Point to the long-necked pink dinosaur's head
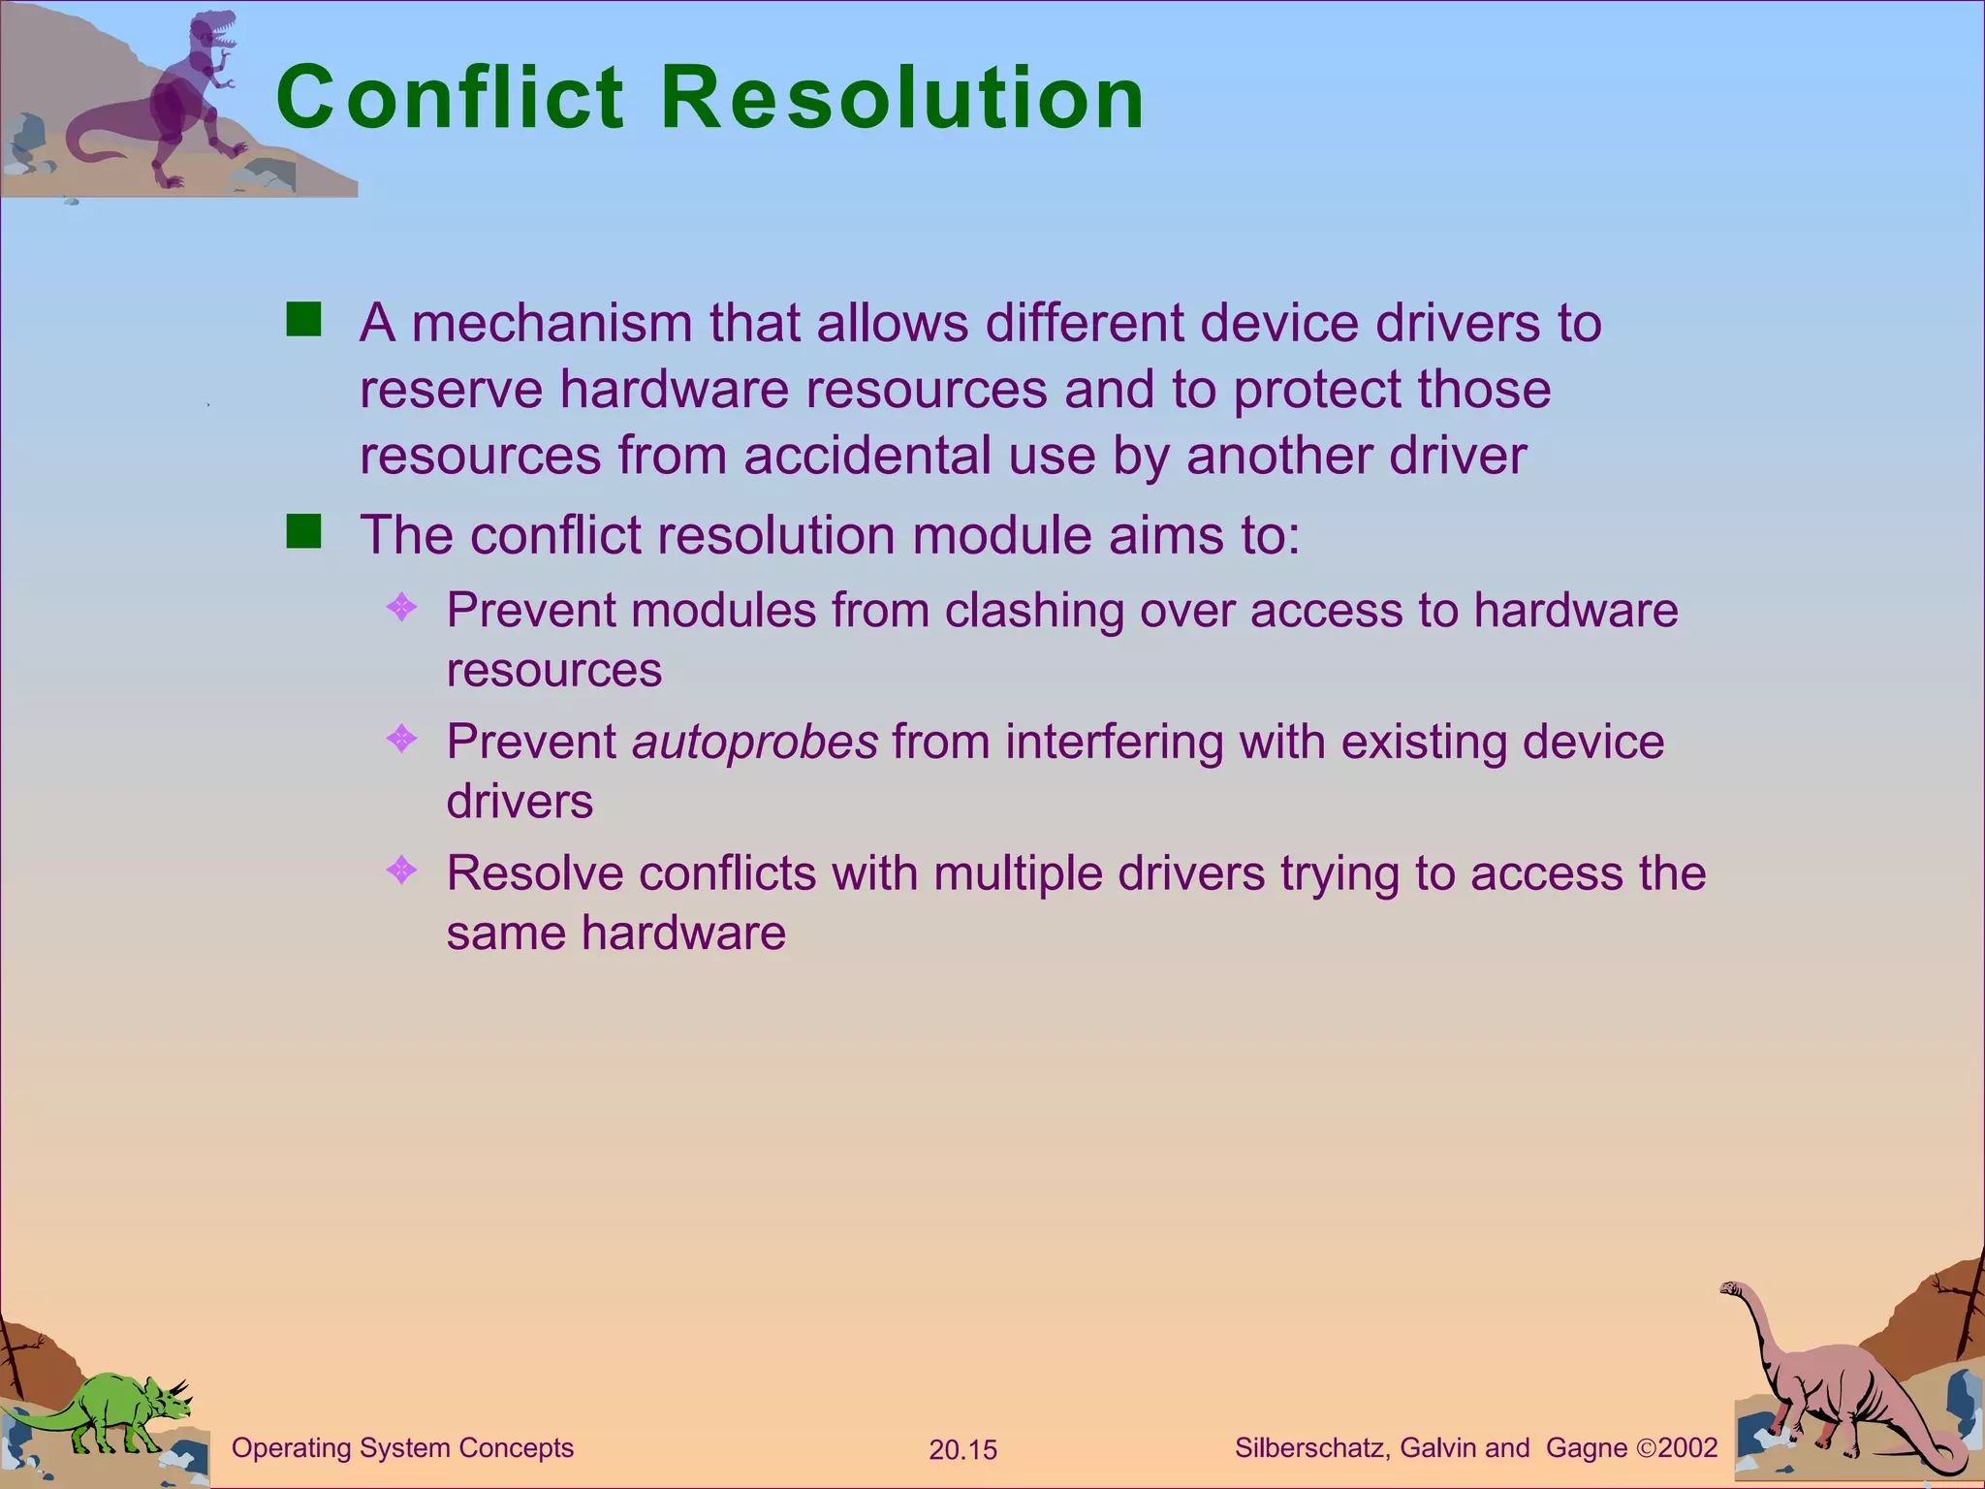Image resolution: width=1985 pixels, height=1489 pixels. tap(1731, 1288)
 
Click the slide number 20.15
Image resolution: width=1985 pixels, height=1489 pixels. tap(962, 1450)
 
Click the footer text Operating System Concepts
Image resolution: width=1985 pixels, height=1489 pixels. tap(402, 1448)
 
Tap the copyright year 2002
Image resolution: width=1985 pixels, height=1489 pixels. tap(1687, 1448)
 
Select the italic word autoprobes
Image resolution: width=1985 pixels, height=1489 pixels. tap(755, 743)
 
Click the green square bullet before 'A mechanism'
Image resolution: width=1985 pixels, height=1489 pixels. tap(303, 319)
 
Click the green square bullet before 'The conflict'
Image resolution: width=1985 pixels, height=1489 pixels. tap(303, 531)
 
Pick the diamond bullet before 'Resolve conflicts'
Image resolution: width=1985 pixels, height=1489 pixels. tap(401, 870)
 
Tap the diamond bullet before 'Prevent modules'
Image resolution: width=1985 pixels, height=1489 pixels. tap(401, 608)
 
